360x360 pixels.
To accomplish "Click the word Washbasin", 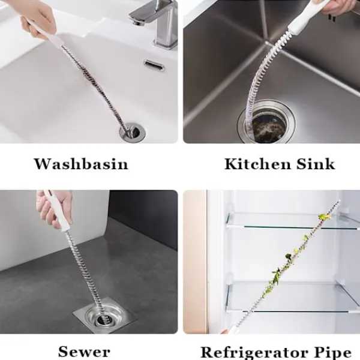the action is coord(81,164).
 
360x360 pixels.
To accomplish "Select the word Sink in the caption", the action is coord(316,164).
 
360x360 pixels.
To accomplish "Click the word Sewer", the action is coord(84,351).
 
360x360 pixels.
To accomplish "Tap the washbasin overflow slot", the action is coord(154,65).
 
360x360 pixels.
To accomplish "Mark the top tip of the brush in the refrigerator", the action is coord(338,202).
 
